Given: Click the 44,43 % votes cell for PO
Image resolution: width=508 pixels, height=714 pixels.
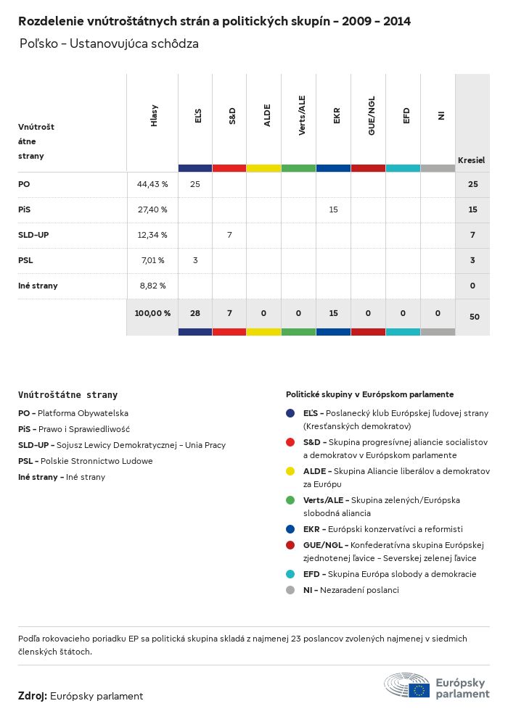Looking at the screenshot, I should [x=152, y=184].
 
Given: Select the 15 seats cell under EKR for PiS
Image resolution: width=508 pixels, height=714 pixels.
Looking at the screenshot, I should [x=334, y=209].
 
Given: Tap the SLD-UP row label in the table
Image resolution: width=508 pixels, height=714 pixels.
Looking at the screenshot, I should [x=33, y=235].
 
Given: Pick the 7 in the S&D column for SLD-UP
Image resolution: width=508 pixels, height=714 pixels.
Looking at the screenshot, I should [x=229, y=235].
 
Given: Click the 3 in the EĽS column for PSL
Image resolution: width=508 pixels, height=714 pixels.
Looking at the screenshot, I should [x=195, y=260].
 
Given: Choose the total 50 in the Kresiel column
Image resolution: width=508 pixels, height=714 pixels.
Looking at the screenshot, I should [x=472, y=317].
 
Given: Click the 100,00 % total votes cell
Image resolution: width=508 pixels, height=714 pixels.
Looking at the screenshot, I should [x=152, y=313].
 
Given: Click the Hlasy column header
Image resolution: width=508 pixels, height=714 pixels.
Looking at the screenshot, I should [x=154, y=116].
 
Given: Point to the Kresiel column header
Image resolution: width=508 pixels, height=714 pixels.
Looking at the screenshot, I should [x=471, y=159].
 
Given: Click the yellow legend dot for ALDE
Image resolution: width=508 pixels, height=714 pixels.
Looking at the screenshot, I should [x=290, y=471].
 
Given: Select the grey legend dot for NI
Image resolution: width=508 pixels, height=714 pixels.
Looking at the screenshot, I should [x=290, y=590].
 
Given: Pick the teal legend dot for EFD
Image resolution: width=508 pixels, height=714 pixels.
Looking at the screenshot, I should [x=290, y=574].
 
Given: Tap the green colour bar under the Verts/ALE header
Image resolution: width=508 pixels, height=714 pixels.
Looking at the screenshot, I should [x=299, y=168].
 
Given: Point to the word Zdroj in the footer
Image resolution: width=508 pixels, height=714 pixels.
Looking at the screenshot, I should [x=33, y=696].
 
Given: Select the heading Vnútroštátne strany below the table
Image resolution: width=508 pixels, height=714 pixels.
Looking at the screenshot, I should [x=67, y=395].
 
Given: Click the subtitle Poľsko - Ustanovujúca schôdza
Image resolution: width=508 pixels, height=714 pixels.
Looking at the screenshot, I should [x=109, y=44].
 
